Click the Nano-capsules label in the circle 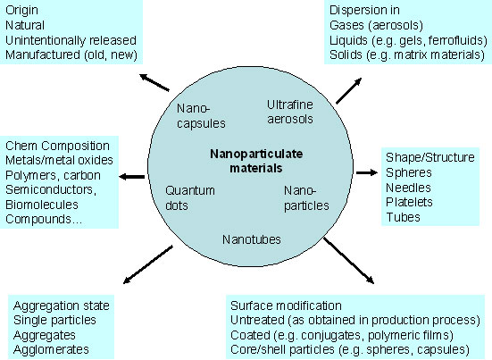coord(199,115)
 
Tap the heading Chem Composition coord(57,146)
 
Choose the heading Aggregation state coord(56,305)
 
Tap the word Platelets coord(409,203)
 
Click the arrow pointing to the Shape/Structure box coord(366,171)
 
